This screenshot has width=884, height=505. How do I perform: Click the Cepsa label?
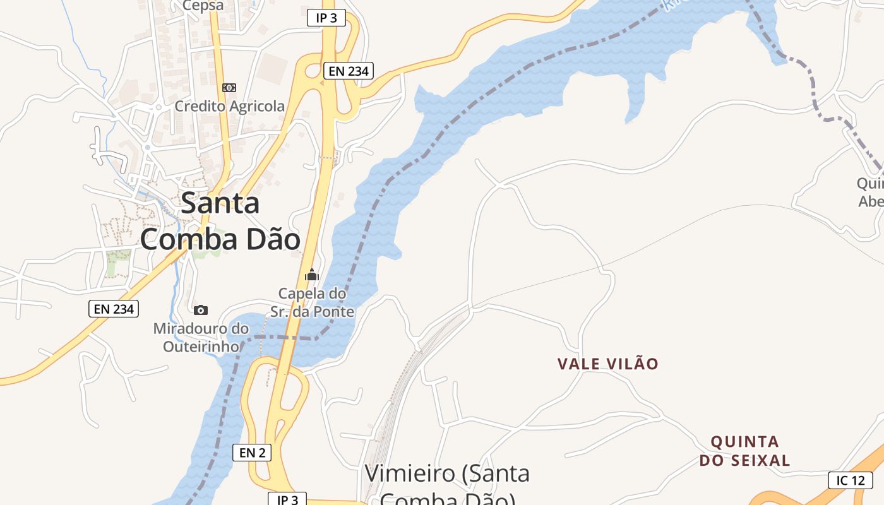[x=203, y=6]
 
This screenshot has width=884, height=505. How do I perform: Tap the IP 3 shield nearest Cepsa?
[x=326, y=18]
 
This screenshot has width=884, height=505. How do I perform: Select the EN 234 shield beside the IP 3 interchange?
[x=349, y=71]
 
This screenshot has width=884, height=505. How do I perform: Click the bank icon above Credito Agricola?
[x=229, y=88]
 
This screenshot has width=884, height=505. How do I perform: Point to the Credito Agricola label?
[x=229, y=106]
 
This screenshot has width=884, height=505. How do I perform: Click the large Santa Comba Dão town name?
[x=220, y=222]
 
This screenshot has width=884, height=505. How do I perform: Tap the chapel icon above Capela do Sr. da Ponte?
[x=312, y=275]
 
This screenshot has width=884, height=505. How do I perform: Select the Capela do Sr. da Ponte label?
[x=313, y=302]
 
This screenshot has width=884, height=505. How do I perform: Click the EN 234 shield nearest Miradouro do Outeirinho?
[x=114, y=309]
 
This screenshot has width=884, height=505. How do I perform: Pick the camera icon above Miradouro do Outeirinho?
[x=201, y=310]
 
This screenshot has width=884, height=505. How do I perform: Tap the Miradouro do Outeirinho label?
[x=201, y=337]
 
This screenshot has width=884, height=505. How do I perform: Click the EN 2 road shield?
[x=252, y=452]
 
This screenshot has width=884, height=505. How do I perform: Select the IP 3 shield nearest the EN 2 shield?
[x=287, y=499]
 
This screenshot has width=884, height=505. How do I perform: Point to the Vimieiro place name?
[x=447, y=483]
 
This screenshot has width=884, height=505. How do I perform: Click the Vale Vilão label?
[x=608, y=364]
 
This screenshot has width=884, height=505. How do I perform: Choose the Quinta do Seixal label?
[x=744, y=451]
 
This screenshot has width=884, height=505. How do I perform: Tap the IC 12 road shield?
[x=850, y=480]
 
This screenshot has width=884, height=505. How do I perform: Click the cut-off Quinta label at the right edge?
[x=870, y=192]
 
